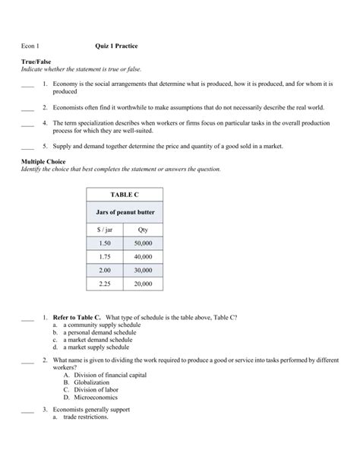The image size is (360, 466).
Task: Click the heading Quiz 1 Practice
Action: pyautogui.click(x=117, y=46)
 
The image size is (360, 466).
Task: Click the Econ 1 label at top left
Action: pyautogui.click(x=30, y=46)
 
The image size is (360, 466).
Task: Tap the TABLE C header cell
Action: pyautogui.click(x=125, y=194)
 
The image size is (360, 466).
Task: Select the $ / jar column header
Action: pyautogui.click(x=105, y=229)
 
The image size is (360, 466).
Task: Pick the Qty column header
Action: pyautogui.click(x=143, y=229)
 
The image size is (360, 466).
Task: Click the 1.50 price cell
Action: pyautogui.click(x=105, y=243)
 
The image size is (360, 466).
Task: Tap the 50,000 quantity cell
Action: pyautogui.click(x=143, y=243)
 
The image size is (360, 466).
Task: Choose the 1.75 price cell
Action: pyautogui.click(x=105, y=257)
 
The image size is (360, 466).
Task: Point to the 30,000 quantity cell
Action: pyautogui.click(x=143, y=271)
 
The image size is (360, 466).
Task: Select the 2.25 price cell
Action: pyautogui.click(x=105, y=284)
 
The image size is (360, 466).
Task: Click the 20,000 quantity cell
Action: pyautogui.click(x=143, y=284)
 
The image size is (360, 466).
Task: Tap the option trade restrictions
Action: pyautogui.click(x=86, y=417)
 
